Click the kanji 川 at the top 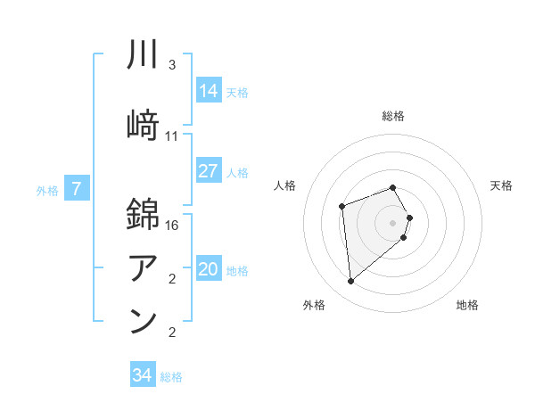point(144,54)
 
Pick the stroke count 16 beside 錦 point(173,226)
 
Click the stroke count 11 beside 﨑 point(172,136)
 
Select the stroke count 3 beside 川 point(172,65)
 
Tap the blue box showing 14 point(209,90)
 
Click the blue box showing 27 point(209,171)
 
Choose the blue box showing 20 point(209,270)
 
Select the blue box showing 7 point(77,189)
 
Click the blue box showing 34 point(143,375)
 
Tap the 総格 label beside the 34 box point(171,377)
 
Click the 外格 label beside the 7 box point(47,190)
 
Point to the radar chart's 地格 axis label point(467,305)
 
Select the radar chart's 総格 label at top point(393,116)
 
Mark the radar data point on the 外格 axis point(351,282)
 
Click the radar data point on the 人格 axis point(342,207)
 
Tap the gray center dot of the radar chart point(393,222)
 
